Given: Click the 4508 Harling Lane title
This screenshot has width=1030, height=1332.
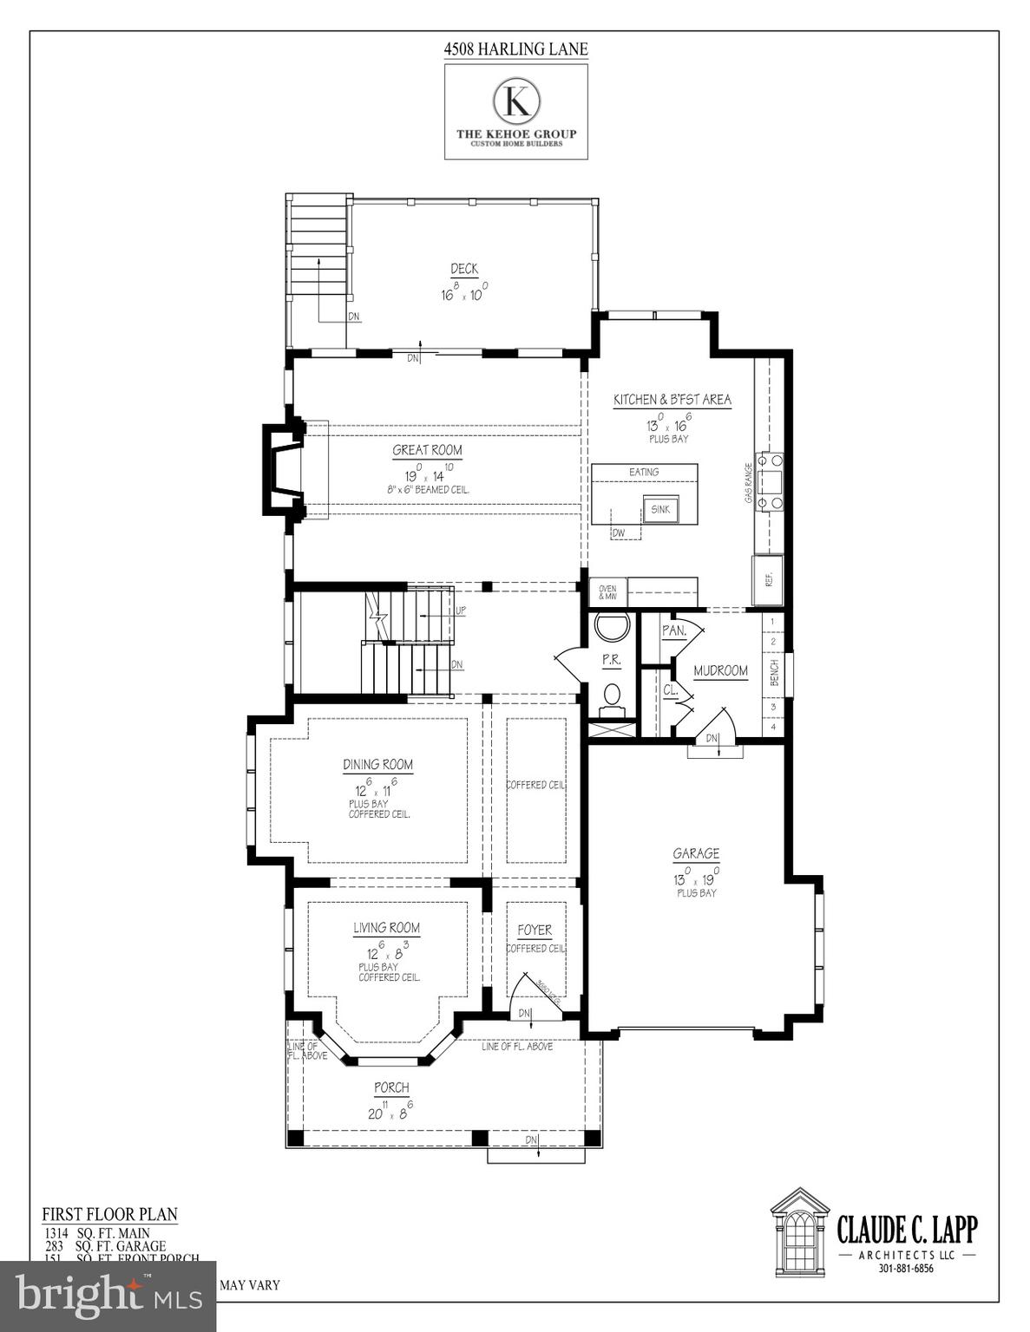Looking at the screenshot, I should (x=515, y=49).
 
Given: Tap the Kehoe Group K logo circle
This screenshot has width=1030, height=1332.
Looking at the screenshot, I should (x=516, y=101).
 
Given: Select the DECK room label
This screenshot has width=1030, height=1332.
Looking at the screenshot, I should (x=464, y=269).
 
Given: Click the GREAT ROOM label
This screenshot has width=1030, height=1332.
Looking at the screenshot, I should (x=427, y=450).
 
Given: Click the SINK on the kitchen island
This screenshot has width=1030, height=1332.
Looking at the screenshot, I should (x=660, y=510).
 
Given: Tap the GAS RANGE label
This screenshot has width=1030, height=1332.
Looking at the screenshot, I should (x=749, y=483).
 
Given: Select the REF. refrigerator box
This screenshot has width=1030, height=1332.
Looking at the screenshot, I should (x=769, y=579).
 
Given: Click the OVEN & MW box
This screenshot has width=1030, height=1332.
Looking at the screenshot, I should (x=607, y=593).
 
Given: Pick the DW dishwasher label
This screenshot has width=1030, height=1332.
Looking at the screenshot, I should (x=619, y=533).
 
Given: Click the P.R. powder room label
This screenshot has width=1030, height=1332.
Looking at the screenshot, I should (x=612, y=660).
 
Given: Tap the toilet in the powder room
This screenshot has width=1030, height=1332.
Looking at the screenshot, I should (x=612, y=694).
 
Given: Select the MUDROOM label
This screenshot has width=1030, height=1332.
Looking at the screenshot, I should (x=720, y=670).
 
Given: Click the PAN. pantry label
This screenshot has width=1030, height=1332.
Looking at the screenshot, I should (x=674, y=630).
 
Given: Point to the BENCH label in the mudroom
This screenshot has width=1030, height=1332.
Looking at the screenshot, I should (x=775, y=672).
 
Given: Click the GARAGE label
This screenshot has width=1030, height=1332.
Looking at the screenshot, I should (x=696, y=854).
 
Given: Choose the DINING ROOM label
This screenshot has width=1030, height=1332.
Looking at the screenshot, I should (x=377, y=765).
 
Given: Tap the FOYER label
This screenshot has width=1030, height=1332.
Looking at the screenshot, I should (x=535, y=930).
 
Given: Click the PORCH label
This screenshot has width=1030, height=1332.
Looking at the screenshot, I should (x=391, y=1087).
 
